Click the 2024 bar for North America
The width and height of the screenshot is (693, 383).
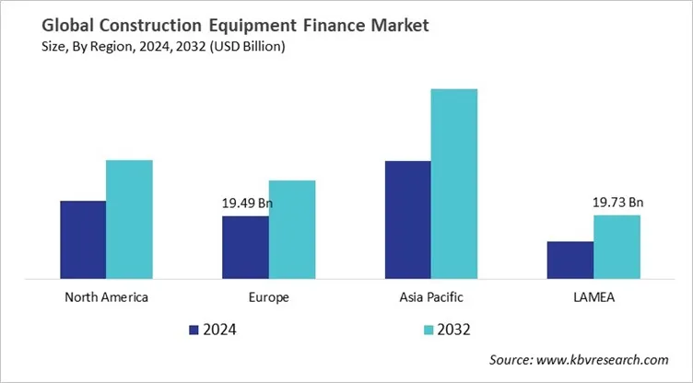point(83,238)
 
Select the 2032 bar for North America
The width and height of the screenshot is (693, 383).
point(129,218)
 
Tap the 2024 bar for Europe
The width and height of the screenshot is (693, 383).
point(245,246)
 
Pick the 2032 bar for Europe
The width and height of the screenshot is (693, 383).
point(292,228)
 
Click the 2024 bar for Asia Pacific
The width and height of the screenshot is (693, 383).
point(407,219)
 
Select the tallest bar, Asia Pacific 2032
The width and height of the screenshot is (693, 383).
point(454,183)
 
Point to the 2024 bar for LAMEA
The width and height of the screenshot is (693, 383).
point(570,259)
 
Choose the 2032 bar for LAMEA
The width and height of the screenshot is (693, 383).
point(617,246)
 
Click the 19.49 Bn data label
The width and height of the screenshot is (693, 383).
point(248,203)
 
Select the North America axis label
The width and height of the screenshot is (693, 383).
point(107,297)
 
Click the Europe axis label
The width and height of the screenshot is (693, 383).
point(269,297)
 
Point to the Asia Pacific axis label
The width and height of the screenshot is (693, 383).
point(431,297)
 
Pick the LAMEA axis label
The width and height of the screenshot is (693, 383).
point(593,297)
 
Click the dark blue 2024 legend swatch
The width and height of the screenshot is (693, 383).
point(194,329)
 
